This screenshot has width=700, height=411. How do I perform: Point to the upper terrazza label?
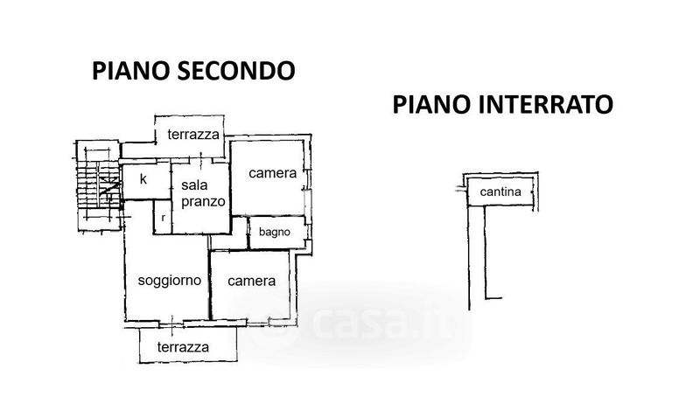point(193,135)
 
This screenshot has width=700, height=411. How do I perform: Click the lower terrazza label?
point(183,347)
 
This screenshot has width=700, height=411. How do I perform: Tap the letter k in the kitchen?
point(143,179)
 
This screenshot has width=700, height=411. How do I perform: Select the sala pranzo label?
point(203,193)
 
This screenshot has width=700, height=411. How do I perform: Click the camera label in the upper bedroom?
point(272,173)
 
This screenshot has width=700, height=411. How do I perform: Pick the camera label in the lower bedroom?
point(252,282)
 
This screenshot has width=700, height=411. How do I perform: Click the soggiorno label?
point(171,281)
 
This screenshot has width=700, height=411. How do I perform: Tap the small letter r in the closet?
point(164,215)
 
